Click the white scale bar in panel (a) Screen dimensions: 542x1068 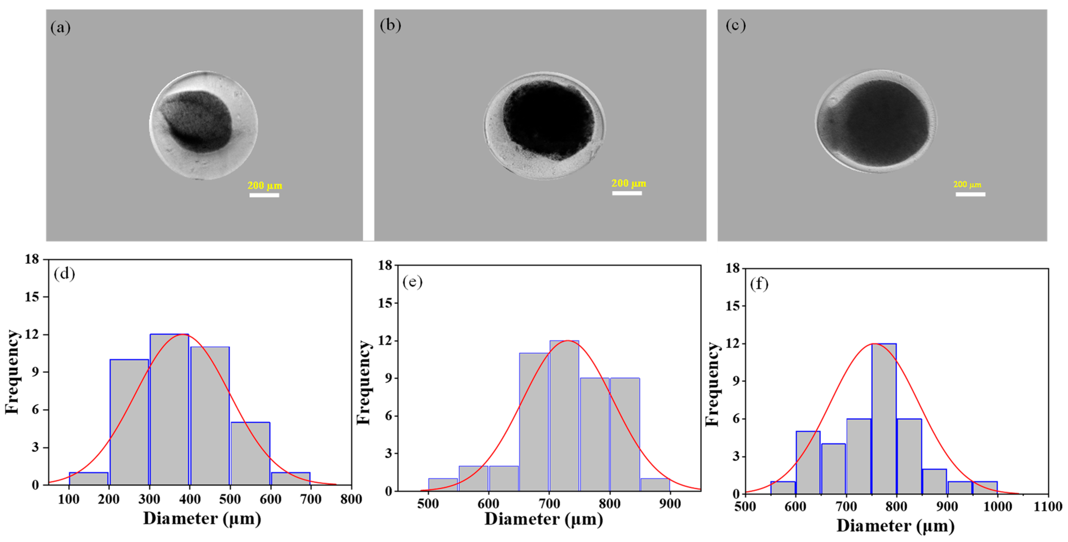(x=264, y=195)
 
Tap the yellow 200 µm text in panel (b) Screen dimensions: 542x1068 (x=629, y=183)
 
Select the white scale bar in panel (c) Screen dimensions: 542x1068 (x=970, y=194)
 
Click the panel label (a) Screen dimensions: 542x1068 (x=61, y=28)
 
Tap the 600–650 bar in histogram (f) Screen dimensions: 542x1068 (x=808, y=462)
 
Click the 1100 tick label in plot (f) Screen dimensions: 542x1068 (x=1048, y=507)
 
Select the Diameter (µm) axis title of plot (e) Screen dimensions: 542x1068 (x=544, y=519)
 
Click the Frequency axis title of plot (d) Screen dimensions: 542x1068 (x=12, y=372)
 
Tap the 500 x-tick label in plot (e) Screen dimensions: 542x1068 (x=428, y=504)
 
